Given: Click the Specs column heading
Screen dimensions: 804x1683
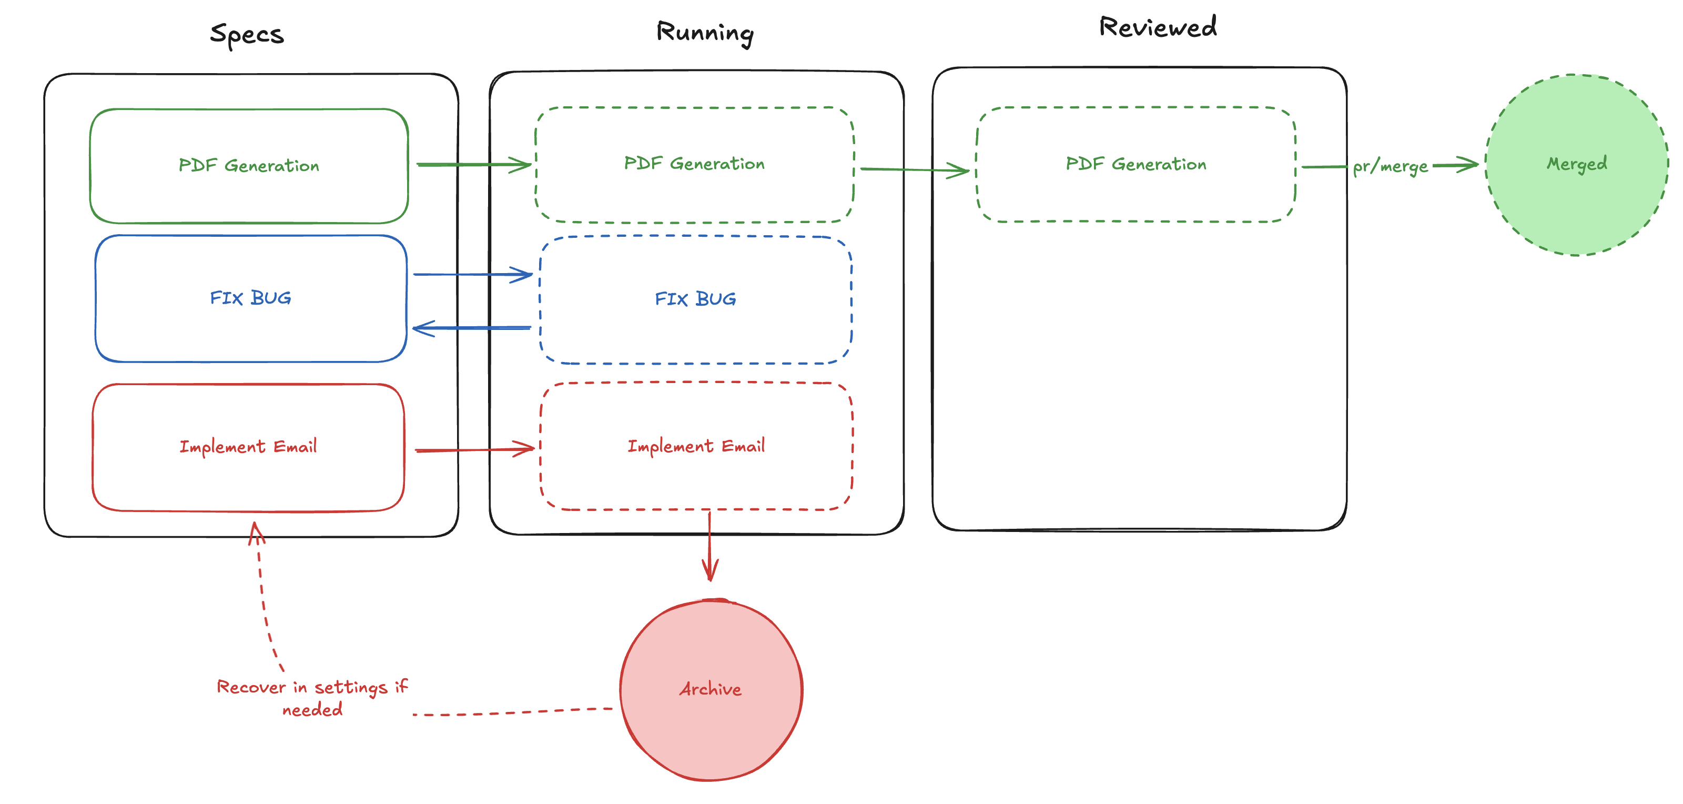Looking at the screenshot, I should (247, 34).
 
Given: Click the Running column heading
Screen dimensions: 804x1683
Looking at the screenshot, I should (704, 33).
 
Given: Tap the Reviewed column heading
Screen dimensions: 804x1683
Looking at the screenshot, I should (1157, 27).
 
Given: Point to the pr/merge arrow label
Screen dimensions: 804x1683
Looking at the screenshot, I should (1390, 166).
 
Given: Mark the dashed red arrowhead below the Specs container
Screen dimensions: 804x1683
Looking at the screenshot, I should (256, 532).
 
